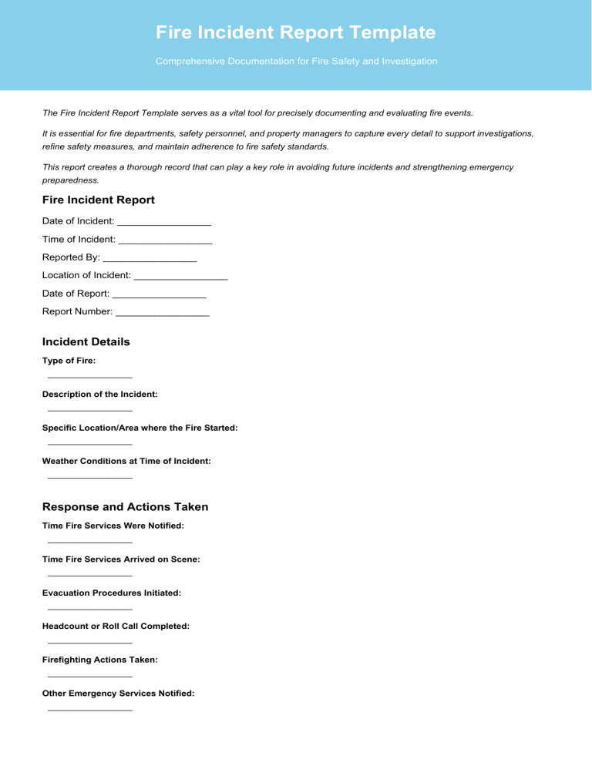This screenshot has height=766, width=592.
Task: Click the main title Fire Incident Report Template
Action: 295,32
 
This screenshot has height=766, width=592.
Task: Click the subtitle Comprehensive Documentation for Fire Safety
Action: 296,61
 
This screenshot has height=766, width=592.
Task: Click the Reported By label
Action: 71,257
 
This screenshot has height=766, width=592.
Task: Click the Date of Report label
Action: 76,294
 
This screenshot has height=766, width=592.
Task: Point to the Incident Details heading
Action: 86,341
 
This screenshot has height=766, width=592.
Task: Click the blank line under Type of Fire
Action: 89,377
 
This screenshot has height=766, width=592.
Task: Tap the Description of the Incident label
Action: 100,394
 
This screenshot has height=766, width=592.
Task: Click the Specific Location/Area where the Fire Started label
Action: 140,427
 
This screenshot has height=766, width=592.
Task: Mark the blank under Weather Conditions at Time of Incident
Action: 89,478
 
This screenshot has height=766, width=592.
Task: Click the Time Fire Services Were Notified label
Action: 113,526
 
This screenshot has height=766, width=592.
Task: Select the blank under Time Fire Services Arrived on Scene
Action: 89,576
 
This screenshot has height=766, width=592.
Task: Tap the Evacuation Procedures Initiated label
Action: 112,593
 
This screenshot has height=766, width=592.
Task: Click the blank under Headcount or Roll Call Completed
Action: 89,643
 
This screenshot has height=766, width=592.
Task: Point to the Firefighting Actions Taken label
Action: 100,660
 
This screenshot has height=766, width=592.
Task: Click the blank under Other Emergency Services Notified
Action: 89,710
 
